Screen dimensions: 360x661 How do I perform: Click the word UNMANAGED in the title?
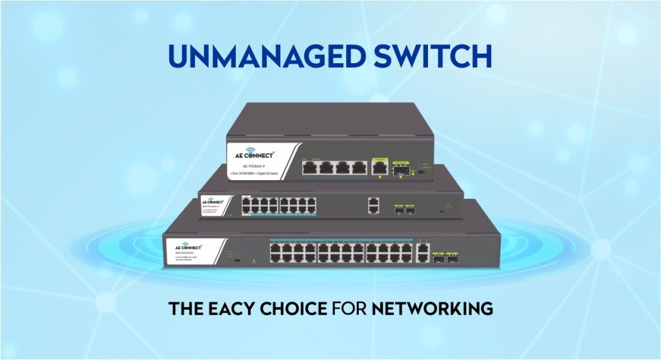pos(257,56)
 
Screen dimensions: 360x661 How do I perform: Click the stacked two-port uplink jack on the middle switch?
pos(373,205)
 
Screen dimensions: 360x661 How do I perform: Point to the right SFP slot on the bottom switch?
pos(450,256)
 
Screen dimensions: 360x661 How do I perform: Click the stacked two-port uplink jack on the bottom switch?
pos(423,251)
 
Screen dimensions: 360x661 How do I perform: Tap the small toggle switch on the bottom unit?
pos(236,262)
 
